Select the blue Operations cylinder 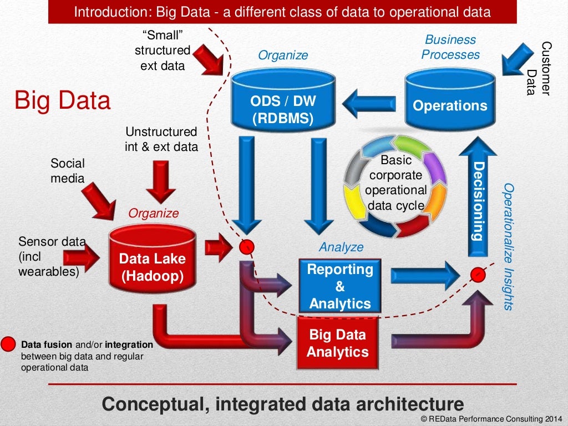(450, 100)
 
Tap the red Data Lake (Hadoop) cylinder (153, 261)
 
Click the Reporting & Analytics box (340, 286)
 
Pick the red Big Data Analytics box (338, 343)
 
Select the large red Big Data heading (62, 101)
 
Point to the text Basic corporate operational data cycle (395, 183)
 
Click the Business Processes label (450, 47)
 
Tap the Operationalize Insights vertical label (508, 246)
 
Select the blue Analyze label (341, 247)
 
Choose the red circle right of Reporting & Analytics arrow (476, 273)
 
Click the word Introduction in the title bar (103, 12)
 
